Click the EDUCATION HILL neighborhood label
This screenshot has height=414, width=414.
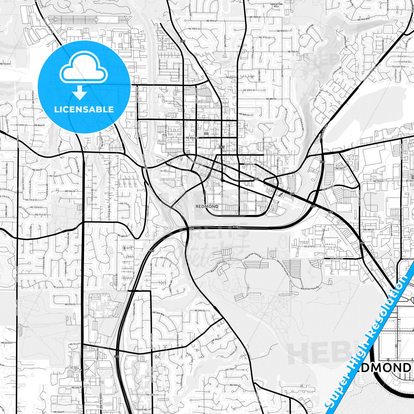[x=276, y=5]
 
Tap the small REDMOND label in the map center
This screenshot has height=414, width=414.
[x=207, y=206]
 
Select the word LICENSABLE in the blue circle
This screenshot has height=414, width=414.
[x=84, y=109]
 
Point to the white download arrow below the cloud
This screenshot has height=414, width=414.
[x=80, y=93]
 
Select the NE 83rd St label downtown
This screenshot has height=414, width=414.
[x=192, y=138]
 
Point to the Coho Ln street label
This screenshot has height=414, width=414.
[x=402, y=56]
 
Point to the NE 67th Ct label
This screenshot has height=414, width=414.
[x=309, y=246]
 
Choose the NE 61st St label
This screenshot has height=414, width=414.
[x=58, y=287]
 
